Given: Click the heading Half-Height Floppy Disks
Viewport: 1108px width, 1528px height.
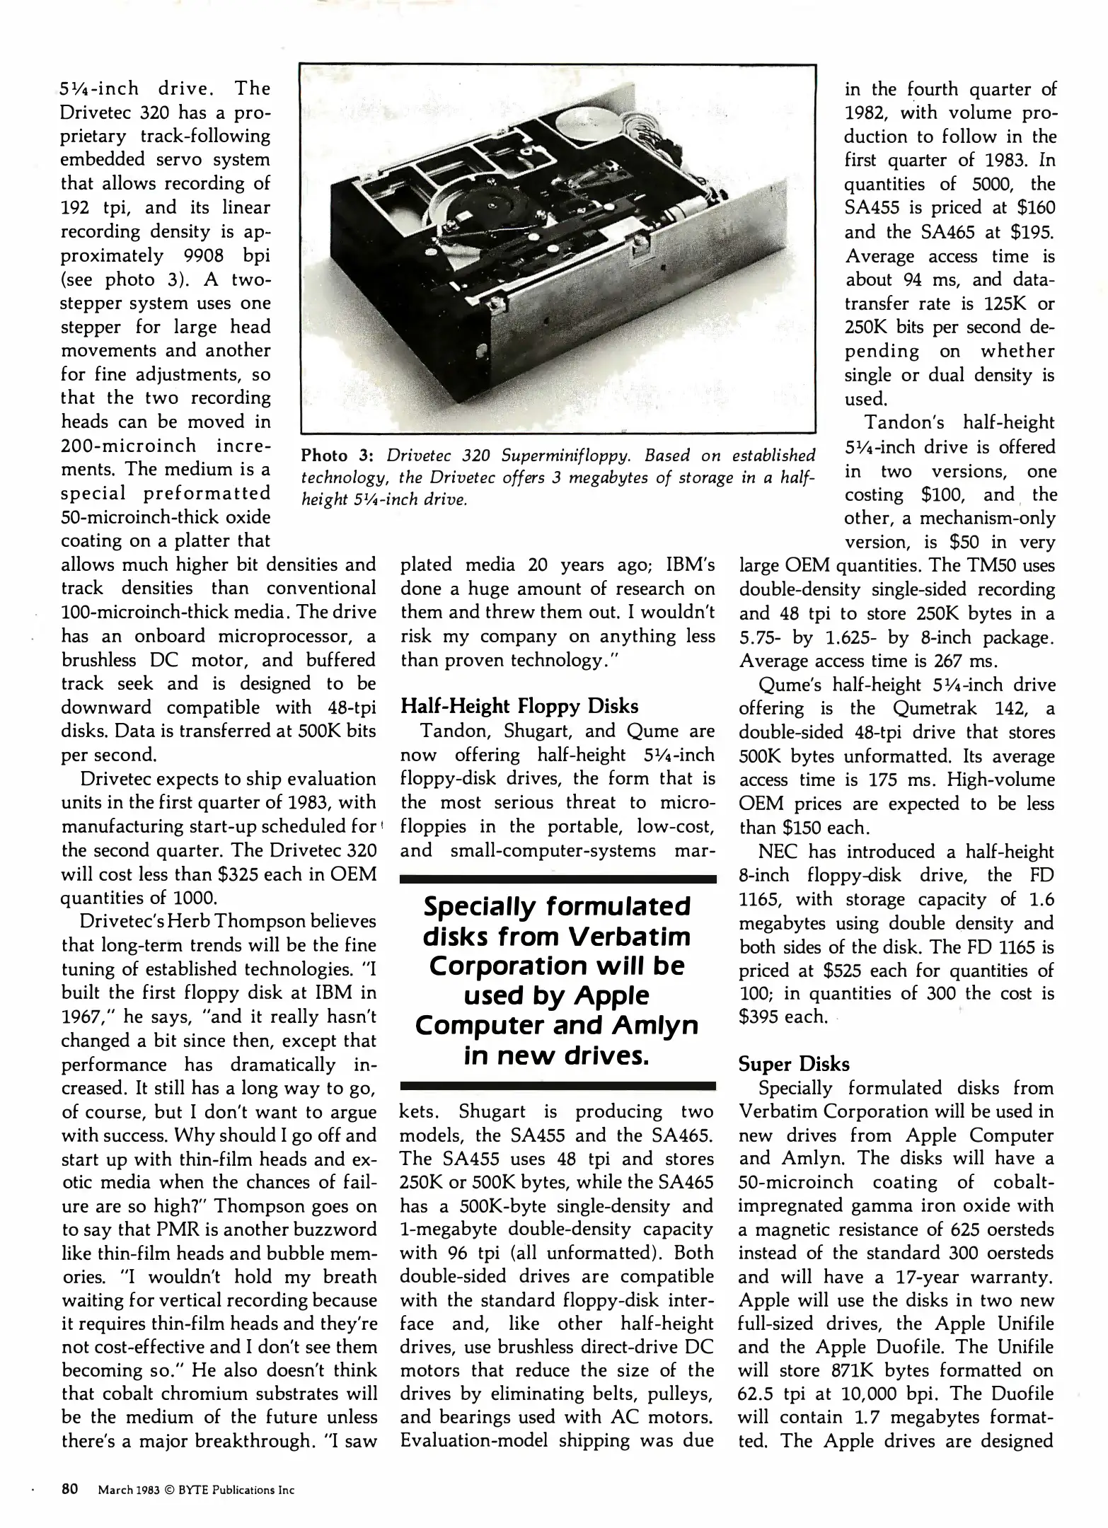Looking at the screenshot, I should tap(519, 706).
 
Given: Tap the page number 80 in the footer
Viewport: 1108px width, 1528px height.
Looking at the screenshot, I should tap(69, 1489).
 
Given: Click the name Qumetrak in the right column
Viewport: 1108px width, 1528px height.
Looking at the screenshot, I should tap(936, 709).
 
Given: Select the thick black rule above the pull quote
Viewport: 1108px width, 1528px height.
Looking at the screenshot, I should tap(558, 879).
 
